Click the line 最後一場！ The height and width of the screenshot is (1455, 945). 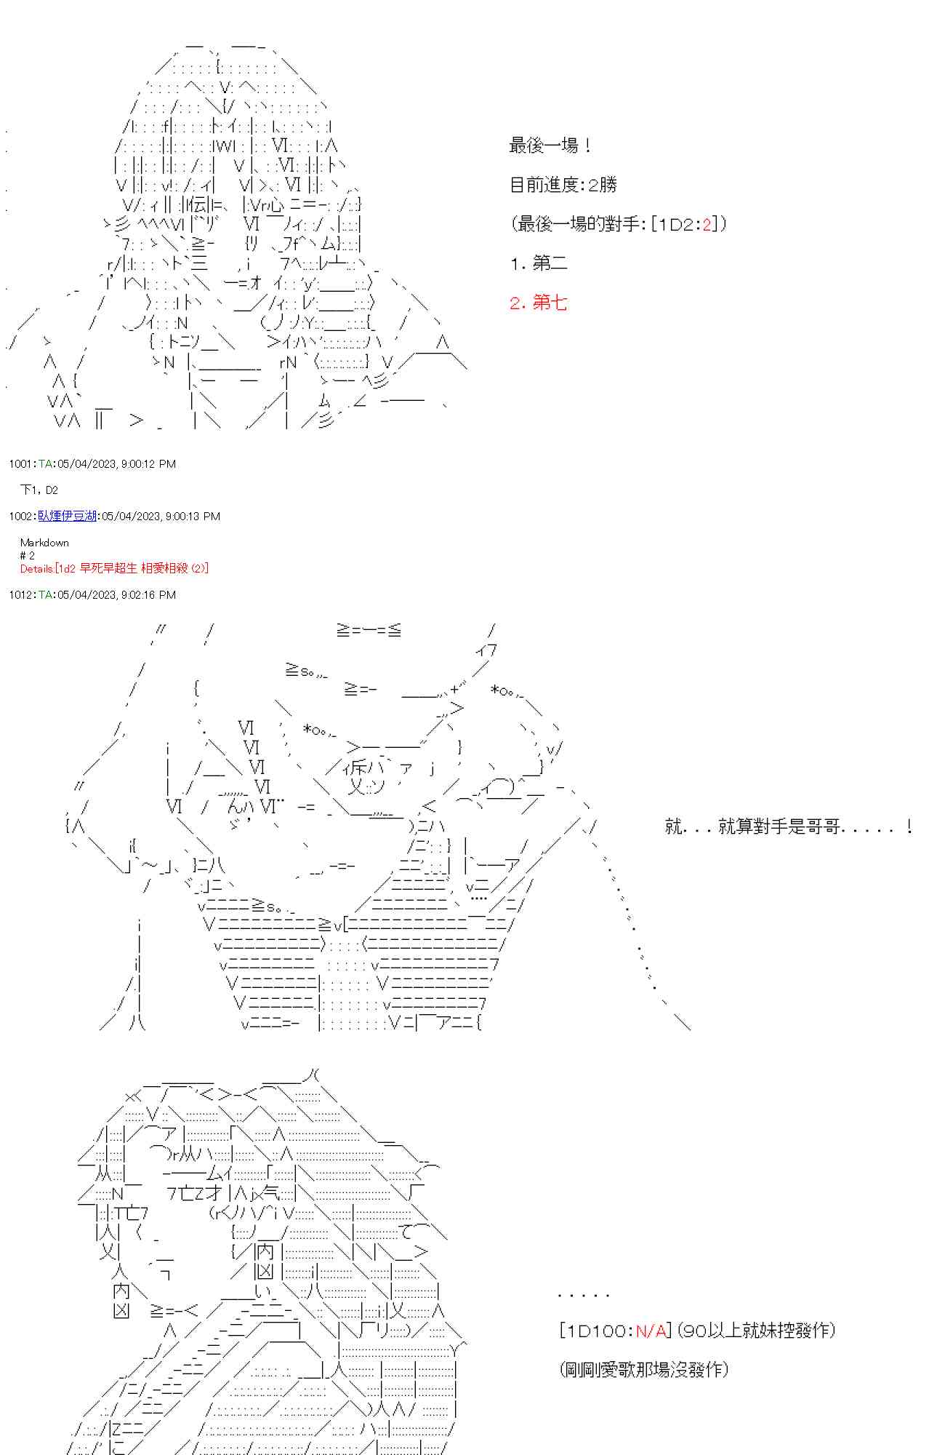pos(550,145)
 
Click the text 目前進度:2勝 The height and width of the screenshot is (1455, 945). pos(563,185)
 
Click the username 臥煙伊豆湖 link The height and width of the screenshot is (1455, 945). pos(68,516)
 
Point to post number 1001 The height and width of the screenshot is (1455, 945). pos(20,463)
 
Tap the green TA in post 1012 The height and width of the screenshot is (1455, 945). pos(45,594)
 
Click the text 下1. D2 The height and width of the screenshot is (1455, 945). pos(39,490)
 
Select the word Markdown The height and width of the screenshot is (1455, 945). pos(44,542)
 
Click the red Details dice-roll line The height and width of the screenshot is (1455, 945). pos(114,568)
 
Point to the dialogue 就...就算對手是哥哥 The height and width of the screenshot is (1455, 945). pos(788,826)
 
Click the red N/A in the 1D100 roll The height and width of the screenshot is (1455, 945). pos(651,1331)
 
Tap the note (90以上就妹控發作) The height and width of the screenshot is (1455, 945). pos(756,1331)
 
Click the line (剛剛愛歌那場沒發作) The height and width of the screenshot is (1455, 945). pos(644,1369)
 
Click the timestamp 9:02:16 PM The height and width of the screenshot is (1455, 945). pos(148,594)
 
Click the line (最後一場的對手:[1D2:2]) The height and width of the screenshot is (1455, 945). pos(618,224)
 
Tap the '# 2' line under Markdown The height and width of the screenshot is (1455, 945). pos(28,555)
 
